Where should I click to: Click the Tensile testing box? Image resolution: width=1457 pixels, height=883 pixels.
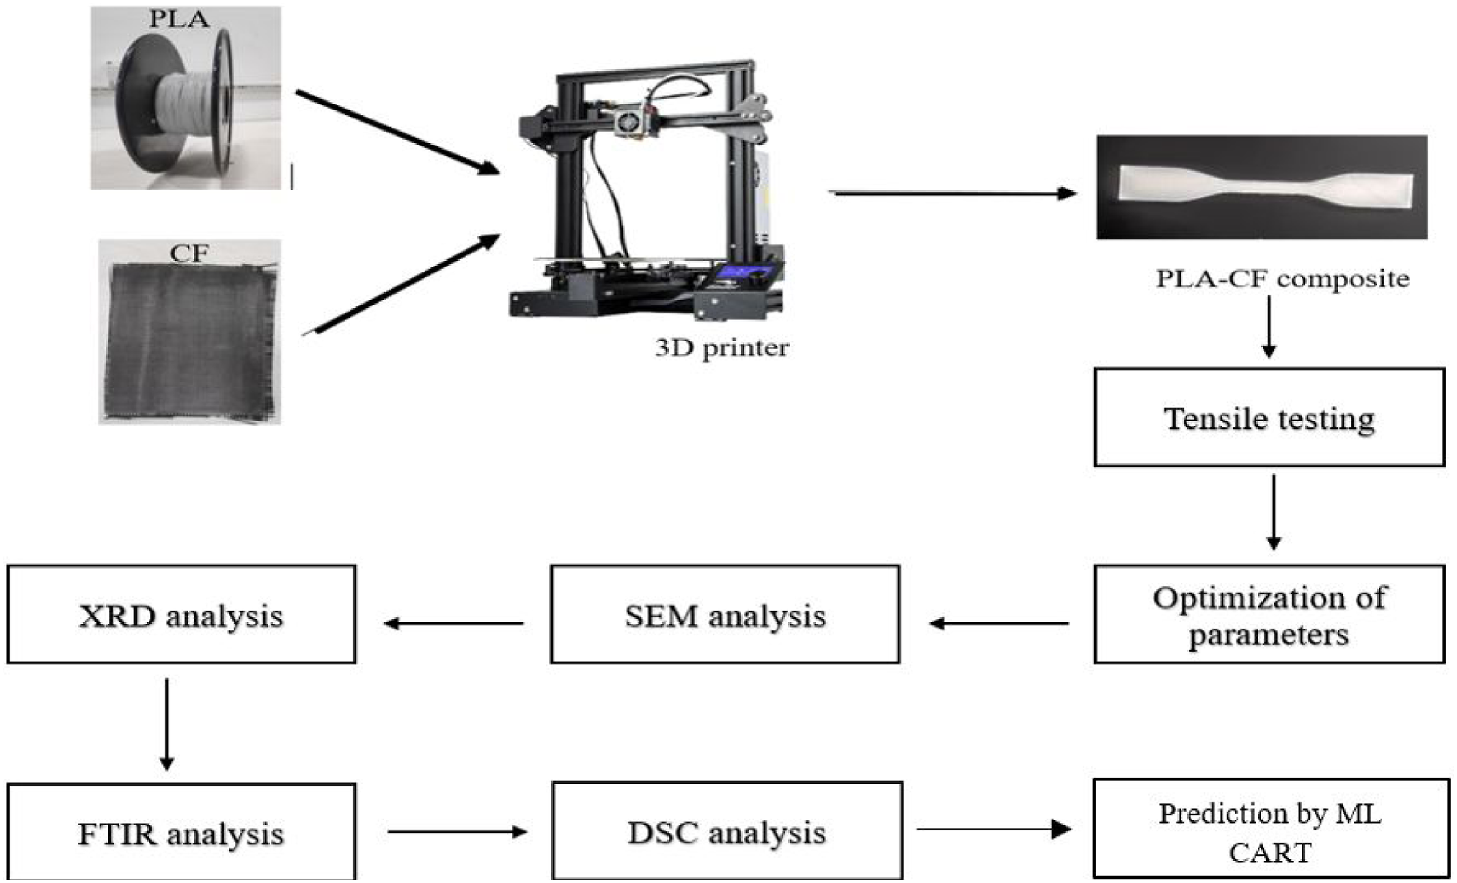[1270, 417]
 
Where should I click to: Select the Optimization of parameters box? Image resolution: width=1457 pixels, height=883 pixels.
[1270, 615]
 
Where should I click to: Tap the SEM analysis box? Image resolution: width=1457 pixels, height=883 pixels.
[725, 615]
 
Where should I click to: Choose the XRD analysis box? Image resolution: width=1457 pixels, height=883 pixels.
[182, 615]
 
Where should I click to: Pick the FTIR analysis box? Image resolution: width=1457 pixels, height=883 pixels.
[182, 832]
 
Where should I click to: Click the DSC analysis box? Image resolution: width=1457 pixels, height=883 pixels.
[727, 831]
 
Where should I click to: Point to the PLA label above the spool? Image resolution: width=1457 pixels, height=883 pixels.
[179, 19]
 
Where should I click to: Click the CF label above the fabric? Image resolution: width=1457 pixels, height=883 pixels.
[189, 253]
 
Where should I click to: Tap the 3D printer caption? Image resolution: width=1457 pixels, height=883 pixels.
[722, 347]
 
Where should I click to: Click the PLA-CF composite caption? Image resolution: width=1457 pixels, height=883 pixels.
[1283, 279]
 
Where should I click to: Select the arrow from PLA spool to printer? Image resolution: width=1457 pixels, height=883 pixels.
[398, 132]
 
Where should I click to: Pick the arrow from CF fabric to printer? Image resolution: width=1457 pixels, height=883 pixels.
[401, 284]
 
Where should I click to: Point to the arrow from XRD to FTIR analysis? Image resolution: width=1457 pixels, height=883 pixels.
[167, 724]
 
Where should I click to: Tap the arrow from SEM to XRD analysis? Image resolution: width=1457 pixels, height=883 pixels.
[453, 624]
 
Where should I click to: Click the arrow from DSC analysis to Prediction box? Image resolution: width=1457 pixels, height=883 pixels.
[994, 829]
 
